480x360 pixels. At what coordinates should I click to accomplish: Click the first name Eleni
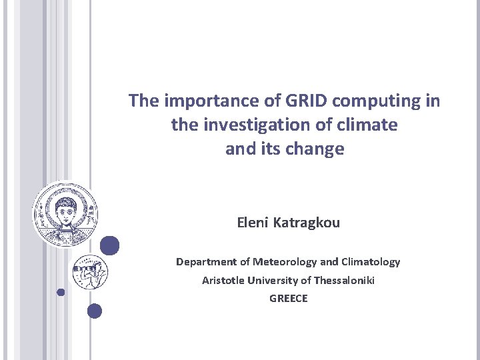coord(253,223)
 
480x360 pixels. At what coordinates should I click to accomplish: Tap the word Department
coord(206,262)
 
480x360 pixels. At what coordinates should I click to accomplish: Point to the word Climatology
coord(370,262)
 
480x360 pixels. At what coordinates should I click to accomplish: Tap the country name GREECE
coord(289,299)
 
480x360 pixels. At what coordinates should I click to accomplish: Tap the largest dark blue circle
coord(110,245)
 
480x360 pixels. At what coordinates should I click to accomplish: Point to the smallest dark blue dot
coord(61,292)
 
